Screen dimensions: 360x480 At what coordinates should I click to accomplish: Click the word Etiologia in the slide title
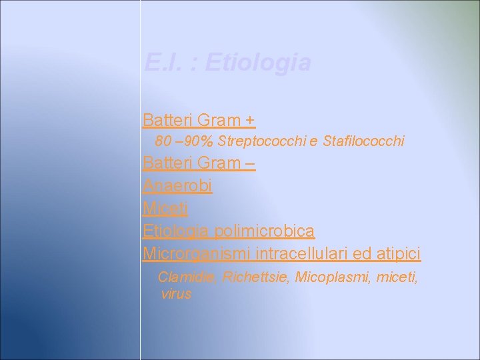[258, 63]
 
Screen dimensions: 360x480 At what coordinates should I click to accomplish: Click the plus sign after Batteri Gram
[249, 121]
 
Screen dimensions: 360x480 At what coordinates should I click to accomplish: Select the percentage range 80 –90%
[185, 141]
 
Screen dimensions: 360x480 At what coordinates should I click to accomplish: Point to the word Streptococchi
[258, 141]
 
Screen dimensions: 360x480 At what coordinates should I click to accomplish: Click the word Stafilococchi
[363, 141]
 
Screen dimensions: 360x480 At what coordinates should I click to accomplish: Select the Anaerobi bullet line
[177, 186]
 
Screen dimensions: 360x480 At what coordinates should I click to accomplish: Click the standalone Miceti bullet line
[165, 209]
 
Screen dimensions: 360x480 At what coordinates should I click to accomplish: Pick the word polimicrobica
[271, 231]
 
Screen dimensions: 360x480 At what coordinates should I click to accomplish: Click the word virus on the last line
[176, 293]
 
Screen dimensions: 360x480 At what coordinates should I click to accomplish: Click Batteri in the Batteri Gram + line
[166, 121]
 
